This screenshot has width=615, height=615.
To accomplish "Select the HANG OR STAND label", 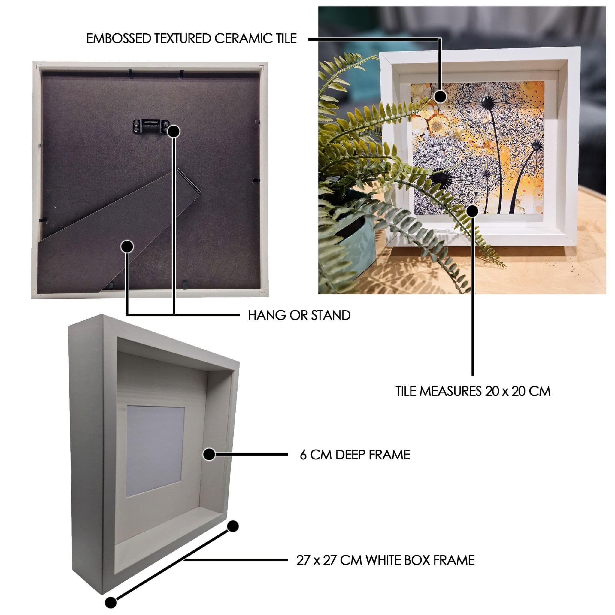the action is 299,316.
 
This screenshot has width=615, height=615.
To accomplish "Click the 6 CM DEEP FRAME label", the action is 355,455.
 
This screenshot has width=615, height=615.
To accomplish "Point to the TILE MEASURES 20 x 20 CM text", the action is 473,391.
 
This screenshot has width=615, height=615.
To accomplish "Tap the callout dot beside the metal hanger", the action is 174,132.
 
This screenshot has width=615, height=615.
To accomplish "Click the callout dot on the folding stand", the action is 127,246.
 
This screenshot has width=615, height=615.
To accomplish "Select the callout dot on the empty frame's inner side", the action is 209,455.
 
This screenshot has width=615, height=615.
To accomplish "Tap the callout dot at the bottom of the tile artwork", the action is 473,211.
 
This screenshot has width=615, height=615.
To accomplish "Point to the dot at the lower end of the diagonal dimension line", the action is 111,603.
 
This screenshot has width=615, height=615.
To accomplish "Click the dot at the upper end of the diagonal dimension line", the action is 233,526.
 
